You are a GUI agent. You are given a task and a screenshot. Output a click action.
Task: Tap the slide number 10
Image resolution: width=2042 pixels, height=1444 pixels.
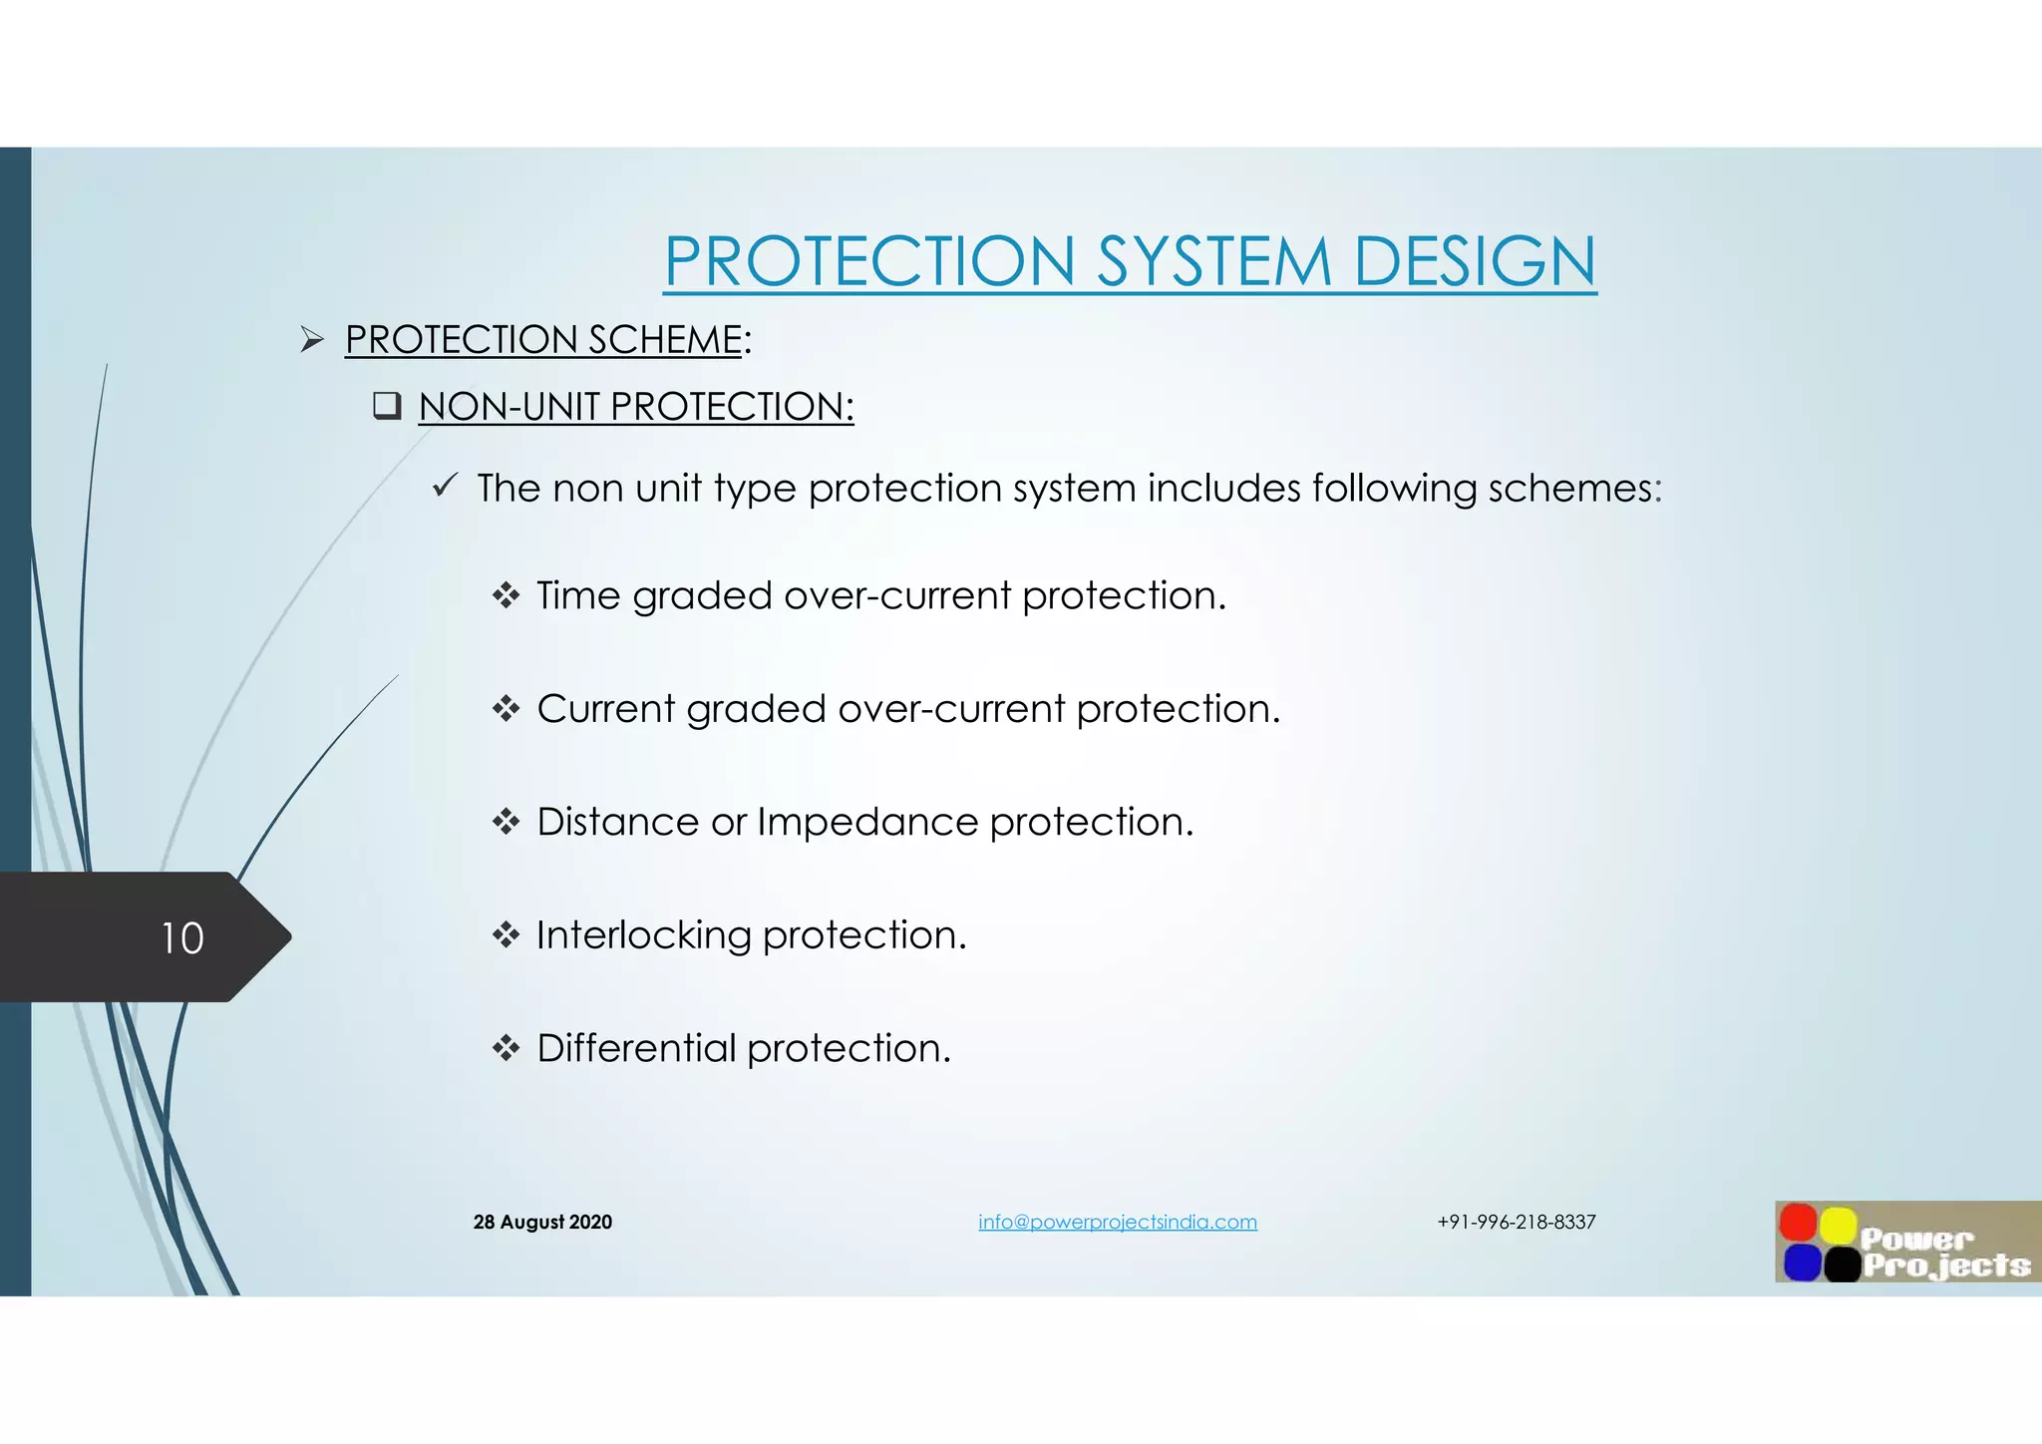pos(182,938)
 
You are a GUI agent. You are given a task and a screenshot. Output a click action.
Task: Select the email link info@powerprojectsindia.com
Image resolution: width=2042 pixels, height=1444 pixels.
pos(1117,1222)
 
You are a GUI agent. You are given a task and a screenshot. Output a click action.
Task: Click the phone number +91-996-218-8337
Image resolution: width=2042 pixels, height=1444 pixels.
pos(1516,1222)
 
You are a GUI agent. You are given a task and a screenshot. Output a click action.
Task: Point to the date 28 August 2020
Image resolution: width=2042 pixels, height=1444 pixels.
pos(542,1222)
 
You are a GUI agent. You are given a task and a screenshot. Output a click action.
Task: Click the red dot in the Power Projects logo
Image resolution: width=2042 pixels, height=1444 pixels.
pos(1798,1223)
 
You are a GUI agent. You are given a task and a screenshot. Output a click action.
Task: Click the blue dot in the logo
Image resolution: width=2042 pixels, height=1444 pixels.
pos(1802,1263)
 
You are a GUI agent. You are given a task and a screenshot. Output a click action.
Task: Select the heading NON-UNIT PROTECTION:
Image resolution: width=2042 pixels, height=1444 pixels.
pos(635,407)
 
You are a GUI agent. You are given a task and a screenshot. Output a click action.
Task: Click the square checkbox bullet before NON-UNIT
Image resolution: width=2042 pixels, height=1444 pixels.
pos(387,406)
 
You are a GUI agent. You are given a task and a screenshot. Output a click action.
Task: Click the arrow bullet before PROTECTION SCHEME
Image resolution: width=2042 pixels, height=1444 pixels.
pos(312,340)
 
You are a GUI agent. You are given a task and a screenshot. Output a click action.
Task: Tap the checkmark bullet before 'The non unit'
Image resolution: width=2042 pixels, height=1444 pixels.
pos(445,487)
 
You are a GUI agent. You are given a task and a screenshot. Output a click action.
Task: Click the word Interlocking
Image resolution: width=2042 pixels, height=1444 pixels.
pos(643,935)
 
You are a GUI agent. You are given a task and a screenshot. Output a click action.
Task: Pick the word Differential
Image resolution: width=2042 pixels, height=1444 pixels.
pos(636,1048)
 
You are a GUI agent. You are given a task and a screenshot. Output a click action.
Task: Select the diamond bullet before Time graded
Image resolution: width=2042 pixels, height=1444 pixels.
pos(507,595)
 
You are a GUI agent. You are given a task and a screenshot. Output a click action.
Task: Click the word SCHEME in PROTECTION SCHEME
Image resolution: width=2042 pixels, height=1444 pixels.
pos(665,340)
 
